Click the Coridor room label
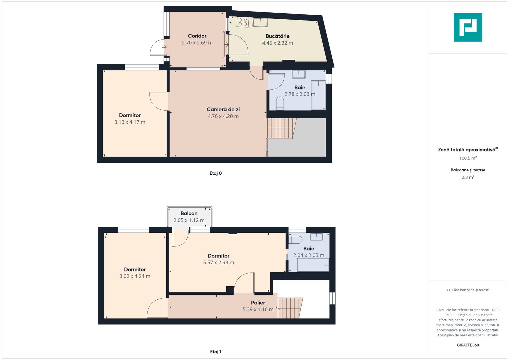pyautogui.click(x=197, y=36)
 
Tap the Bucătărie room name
pyautogui.click(x=277, y=36)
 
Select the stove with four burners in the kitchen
pyautogui.click(x=242, y=22)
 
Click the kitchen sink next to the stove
pyautogui.click(x=260, y=22)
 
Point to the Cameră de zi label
pyautogui.click(x=223, y=109)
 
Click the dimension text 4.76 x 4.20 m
pyautogui.click(x=223, y=116)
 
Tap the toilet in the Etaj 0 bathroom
pyautogui.click(x=280, y=103)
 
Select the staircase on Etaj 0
pyautogui.click(x=281, y=128)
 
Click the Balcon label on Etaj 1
pyautogui.click(x=189, y=213)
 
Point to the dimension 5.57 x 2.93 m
pyautogui.click(x=218, y=263)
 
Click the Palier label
pyautogui.click(x=258, y=303)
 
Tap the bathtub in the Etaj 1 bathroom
pyautogui.click(x=313, y=265)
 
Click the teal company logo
pyautogui.click(x=468, y=27)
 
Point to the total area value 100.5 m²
pyautogui.click(x=468, y=158)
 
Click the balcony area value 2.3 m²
pyautogui.click(x=468, y=177)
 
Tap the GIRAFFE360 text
pyautogui.click(x=468, y=345)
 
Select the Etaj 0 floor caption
pyautogui.click(x=216, y=173)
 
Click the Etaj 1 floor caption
pyautogui.click(x=216, y=352)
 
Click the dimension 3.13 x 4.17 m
pyautogui.click(x=130, y=122)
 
